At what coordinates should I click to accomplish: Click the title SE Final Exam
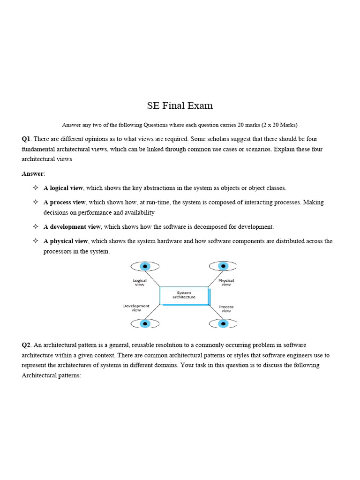(180, 105)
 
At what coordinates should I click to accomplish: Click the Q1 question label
(26, 139)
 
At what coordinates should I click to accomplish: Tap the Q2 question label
(26, 345)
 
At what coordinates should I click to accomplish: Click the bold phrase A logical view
(63, 188)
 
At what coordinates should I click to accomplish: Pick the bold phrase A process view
(65, 202)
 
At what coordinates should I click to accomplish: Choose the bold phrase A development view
(72, 227)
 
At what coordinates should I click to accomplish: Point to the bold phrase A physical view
(66, 241)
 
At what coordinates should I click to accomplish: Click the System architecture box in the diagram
(184, 295)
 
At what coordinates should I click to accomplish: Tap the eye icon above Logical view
(145, 266)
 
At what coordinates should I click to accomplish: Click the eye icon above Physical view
(223, 266)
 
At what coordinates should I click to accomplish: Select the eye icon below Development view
(145, 323)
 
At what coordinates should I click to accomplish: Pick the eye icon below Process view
(223, 323)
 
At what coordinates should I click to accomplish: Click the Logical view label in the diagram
(140, 283)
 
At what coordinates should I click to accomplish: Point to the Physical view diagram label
(226, 283)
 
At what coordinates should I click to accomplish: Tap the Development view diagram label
(136, 308)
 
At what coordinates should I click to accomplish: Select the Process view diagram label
(226, 309)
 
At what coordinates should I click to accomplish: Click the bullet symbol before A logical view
(35, 188)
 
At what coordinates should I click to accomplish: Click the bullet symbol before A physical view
(35, 241)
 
